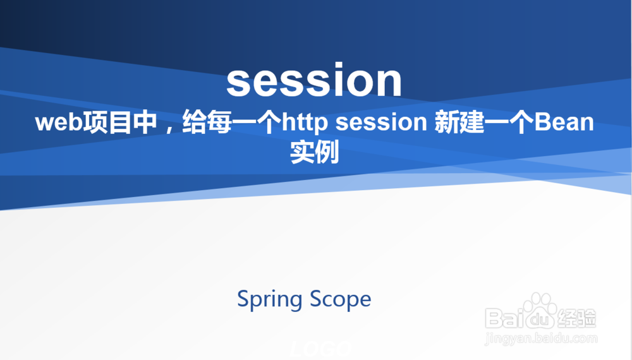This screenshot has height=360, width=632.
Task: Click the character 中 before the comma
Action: point(145,122)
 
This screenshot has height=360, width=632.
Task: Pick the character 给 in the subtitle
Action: point(194,122)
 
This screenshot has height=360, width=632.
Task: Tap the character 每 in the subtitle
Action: point(219,122)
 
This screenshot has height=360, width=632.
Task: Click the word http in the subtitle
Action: point(305,123)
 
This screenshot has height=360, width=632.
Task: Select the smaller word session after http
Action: point(381,123)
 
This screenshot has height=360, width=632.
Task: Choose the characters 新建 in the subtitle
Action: point(459,122)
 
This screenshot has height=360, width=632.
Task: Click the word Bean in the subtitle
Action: point(564,122)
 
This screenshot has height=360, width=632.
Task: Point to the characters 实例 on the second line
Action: point(314,152)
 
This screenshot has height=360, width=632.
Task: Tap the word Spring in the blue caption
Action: point(270,299)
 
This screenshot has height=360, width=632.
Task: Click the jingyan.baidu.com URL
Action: point(542,339)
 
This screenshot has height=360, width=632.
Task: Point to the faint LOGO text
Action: point(321,349)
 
